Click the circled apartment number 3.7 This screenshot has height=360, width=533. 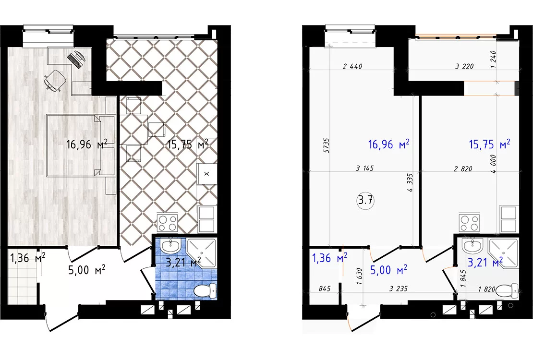pos(365,200)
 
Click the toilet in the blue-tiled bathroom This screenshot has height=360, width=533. pos(205,290)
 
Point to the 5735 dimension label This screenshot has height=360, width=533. pos(327,145)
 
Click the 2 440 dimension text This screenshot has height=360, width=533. pos(352,66)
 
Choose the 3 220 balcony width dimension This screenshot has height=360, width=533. pos(464,66)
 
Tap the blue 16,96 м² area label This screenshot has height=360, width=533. pos(388,144)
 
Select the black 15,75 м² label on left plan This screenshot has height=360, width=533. pos(188,144)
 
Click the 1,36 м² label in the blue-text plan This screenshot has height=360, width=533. pos(330,258)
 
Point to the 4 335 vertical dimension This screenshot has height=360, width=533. pos(410,183)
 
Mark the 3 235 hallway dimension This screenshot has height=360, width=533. pos(399,289)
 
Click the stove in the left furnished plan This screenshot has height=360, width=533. pos(168,223)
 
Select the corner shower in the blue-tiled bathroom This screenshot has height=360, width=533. pos(202,253)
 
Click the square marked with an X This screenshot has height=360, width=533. pos(206,174)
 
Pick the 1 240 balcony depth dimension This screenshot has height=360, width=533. pos(494,60)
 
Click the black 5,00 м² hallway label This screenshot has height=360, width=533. pos(87,270)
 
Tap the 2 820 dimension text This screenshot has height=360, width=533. pos(463,168)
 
